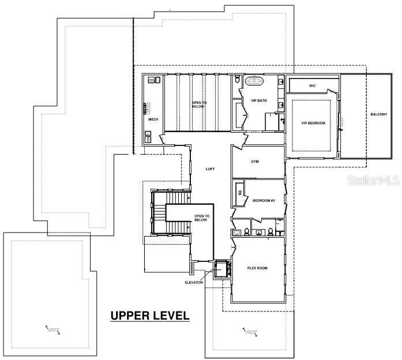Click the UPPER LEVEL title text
(149, 316)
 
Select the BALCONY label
(378, 114)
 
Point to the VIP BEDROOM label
(313, 123)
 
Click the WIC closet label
(312, 85)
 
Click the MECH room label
(153, 119)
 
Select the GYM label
(255, 162)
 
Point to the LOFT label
(211, 168)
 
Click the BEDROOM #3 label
(264, 200)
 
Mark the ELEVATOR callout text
(194, 282)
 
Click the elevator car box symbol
(220, 268)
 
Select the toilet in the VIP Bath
(237, 80)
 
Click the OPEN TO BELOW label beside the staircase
(201, 217)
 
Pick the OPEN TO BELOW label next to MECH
(199, 104)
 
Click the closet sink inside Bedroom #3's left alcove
(239, 194)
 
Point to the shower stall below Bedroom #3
(280, 232)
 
